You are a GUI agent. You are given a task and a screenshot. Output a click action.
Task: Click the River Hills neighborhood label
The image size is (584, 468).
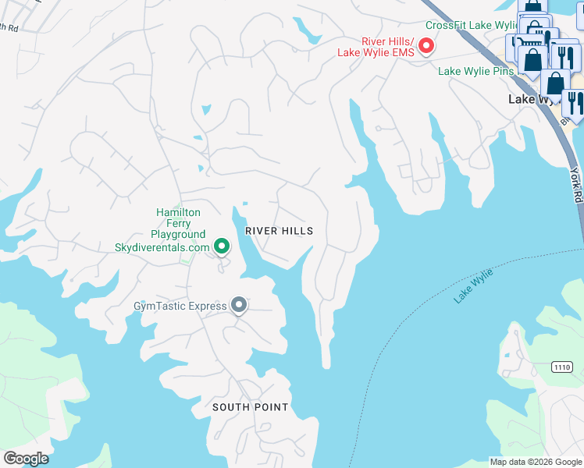click(279, 231)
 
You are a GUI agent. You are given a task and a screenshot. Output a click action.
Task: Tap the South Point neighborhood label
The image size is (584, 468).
click(251, 407)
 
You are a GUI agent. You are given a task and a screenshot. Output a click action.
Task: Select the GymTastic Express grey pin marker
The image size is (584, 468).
click(239, 305)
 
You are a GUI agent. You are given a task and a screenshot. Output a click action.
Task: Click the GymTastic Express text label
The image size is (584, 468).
click(191, 306)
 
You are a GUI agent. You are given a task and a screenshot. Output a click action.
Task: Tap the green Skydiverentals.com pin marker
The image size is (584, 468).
click(222, 247)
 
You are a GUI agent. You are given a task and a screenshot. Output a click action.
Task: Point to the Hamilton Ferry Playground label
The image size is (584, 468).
click(178, 223)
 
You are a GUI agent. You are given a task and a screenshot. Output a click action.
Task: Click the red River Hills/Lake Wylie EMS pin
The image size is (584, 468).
click(426, 47)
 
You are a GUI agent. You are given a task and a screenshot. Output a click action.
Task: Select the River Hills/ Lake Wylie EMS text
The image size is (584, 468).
click(376, 47)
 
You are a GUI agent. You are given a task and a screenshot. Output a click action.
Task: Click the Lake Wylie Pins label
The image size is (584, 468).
click(475, 71)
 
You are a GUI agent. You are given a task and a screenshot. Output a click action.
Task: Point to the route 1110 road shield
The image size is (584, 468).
click(561, 367)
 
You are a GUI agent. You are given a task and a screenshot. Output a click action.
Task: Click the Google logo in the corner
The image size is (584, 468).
click(26, 459)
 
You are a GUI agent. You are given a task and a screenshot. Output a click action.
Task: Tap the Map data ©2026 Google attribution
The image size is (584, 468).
click(536, 462)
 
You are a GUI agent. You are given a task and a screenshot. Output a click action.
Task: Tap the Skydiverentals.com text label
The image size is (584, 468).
click(162, 247)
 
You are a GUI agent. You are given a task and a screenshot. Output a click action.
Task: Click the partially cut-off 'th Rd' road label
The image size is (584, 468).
click(9, 27)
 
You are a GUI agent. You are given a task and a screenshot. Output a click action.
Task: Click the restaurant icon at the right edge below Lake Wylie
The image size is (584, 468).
click(573, 101)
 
